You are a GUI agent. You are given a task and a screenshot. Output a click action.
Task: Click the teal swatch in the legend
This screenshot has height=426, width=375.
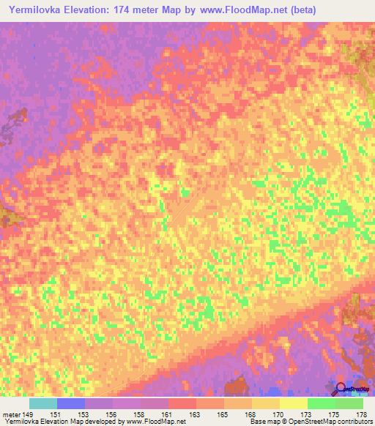43,403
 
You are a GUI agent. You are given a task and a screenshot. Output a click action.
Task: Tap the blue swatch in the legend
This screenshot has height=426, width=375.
71,403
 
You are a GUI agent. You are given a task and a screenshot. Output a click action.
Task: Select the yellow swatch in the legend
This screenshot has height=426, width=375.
293,403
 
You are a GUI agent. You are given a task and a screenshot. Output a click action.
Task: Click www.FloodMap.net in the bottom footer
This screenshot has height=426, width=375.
155,422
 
